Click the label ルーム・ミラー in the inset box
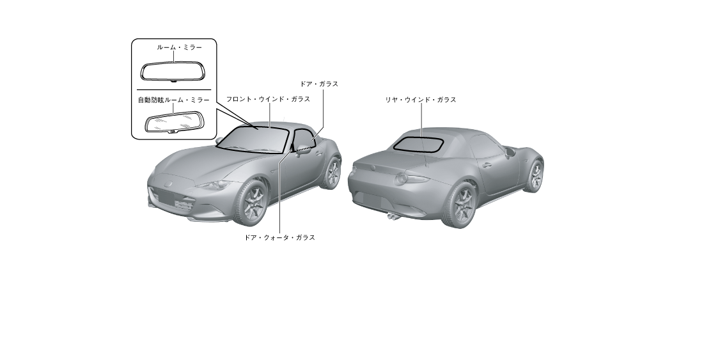point(179,47)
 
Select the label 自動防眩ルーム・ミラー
point(173,100)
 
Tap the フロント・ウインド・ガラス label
point(268,99)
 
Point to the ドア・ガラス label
point(319,84)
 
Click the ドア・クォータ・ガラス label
point(279,237)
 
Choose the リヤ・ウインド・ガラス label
point(420,100)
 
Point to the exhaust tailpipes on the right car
point(392,216)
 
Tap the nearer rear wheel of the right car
point(461,204)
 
